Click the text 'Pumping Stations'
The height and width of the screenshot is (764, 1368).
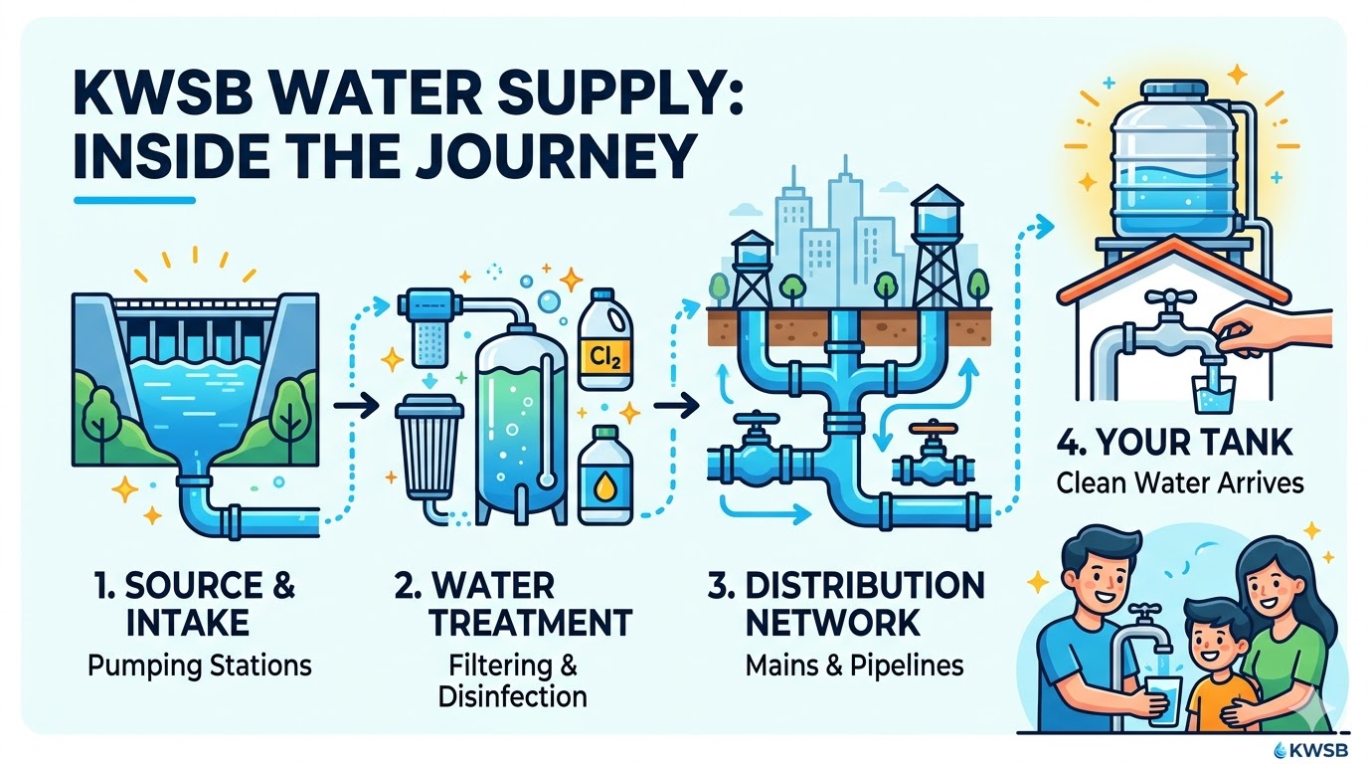tap(199, 664)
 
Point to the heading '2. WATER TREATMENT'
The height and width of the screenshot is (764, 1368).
tap(512, 604)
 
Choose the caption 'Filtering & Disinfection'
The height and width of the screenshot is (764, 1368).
tap(512, 679)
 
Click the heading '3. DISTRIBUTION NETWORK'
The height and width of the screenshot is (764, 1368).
tap(845, 604)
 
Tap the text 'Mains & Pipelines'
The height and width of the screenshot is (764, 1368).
tap(854, 664)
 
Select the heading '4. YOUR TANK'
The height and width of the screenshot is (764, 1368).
tap(1180, 445)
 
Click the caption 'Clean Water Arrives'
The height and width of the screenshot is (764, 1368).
tap(1180, 484)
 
